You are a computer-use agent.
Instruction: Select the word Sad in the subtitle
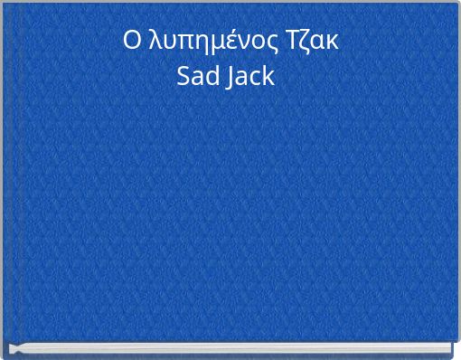click(x=196, y=78)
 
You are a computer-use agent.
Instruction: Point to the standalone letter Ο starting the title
click(x=132, y=42)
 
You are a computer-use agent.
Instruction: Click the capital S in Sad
click(x=183, y=78)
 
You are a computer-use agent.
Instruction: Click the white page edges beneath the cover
click(x=230, y=349)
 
